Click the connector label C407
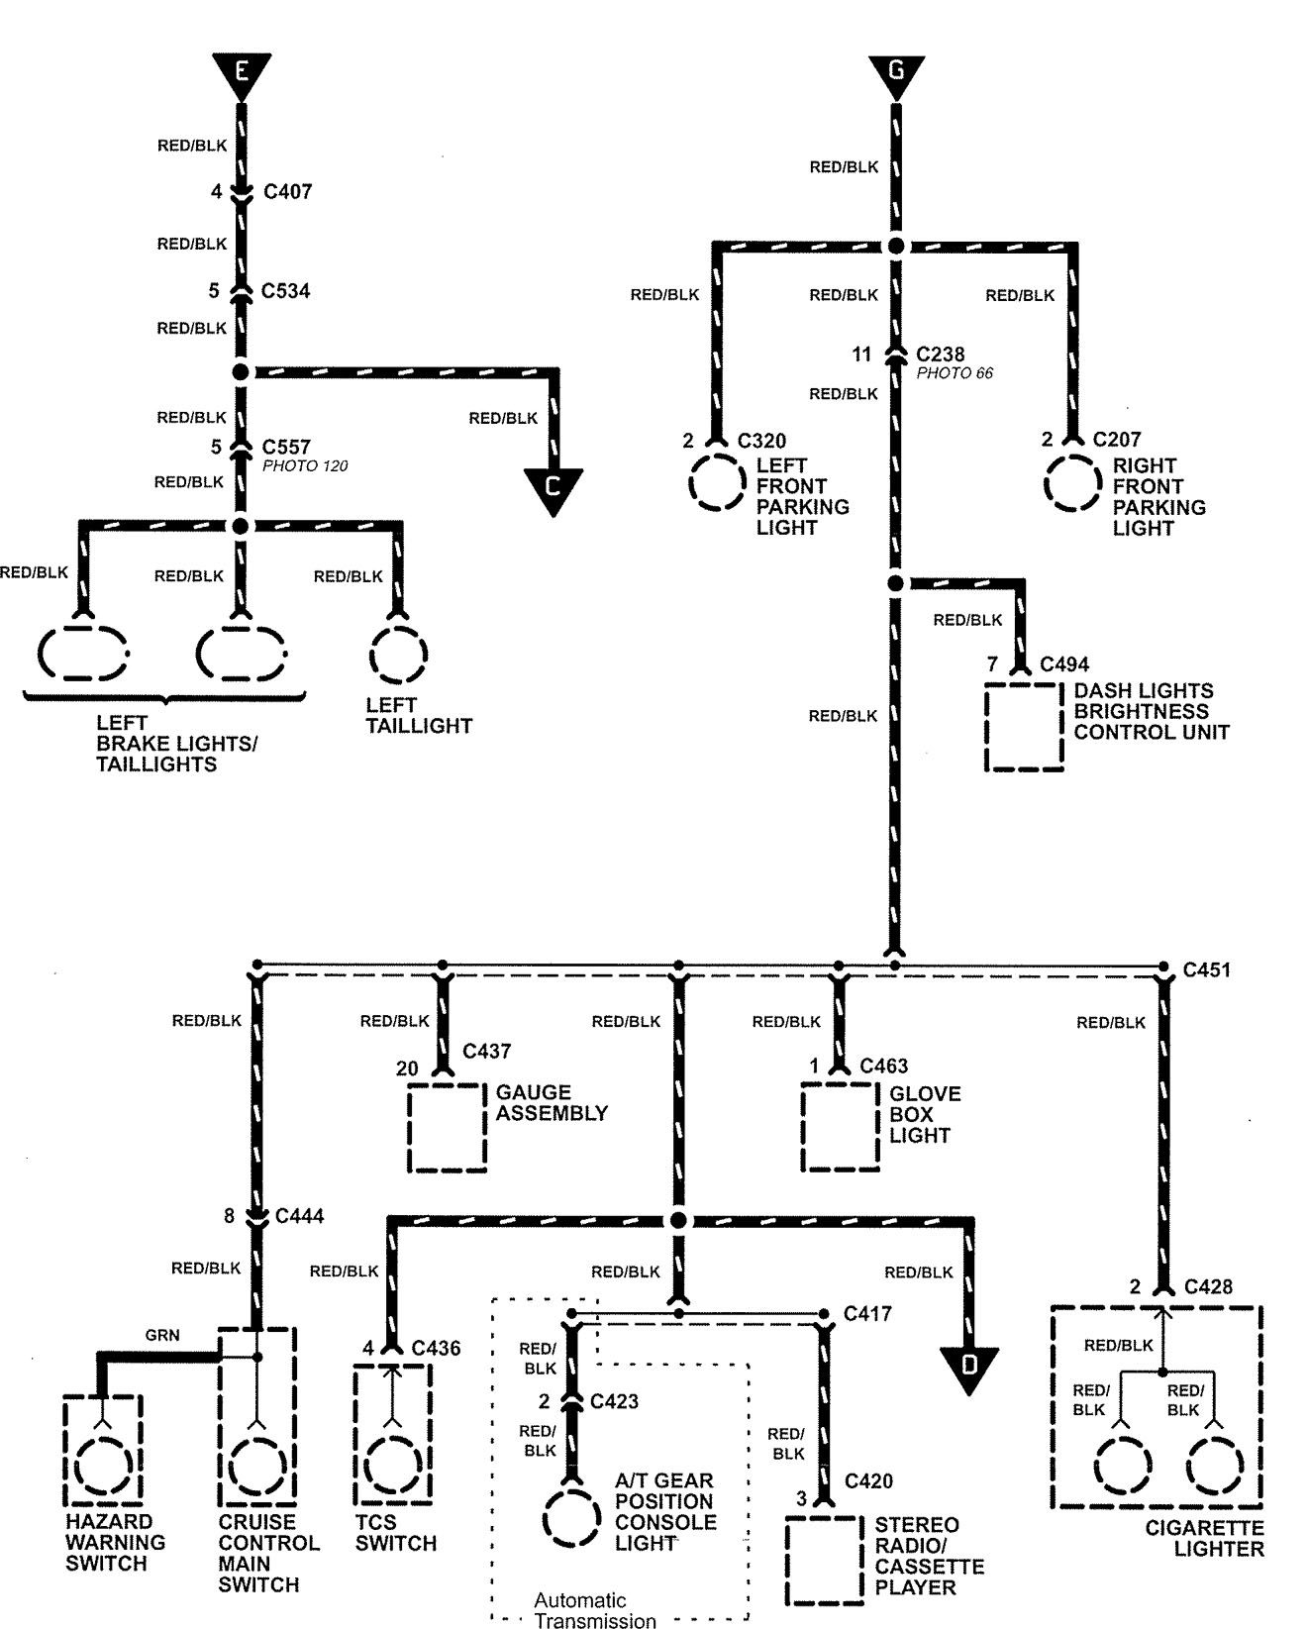pos(287,192)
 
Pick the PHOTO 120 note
pos(305,466)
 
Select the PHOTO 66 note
pos(955,373)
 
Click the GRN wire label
pos(162,1335)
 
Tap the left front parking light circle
pos(715,483)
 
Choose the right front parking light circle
pos(1071,483)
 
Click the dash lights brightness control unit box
pos(1024,727)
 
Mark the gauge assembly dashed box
pos(448,1128)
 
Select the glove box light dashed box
pos(840,1128)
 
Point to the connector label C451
pos(1206,970)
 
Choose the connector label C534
pos(285,291)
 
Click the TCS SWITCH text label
pos(395,1533)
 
